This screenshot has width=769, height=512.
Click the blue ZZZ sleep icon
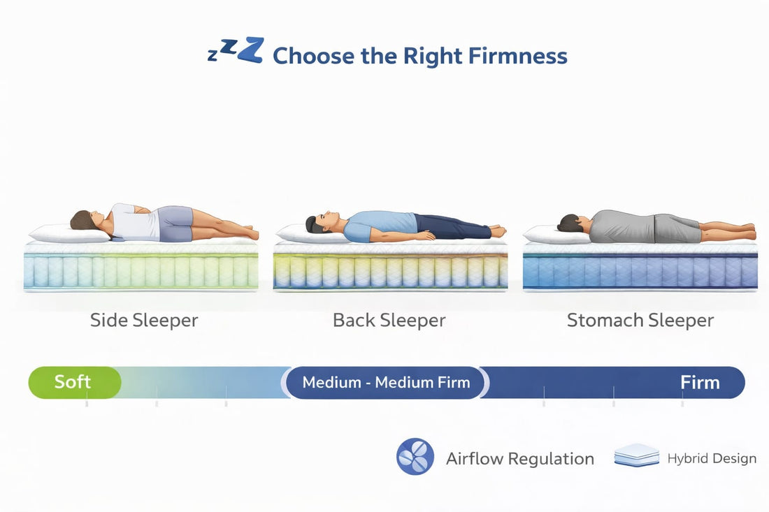point(236,52)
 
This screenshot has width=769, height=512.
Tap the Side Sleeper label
point(144,321)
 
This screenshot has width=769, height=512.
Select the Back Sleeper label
point(389,321)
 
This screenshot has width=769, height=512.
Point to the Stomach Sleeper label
point(640,321)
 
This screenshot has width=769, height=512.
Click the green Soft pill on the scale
point(73,383)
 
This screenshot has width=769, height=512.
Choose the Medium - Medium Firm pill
point(386,383)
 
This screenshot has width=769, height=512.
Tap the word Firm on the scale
point(700,383)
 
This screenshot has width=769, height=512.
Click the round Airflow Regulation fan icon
point(415,458)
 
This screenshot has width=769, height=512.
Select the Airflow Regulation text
point(520,459)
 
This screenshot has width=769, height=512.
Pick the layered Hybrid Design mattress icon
point(636,457)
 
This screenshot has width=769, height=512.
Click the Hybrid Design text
point(712,459)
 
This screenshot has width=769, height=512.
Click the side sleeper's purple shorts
point(175,224)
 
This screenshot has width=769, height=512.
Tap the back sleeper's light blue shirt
point(378,226)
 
